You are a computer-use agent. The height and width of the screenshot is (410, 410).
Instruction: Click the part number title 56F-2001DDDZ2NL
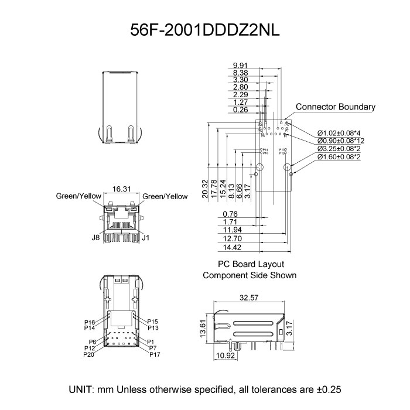tap(204, 31)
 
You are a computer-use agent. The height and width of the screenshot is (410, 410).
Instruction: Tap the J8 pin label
tap(95, 237)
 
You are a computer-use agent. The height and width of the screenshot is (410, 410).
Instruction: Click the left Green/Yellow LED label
tap(78, 197)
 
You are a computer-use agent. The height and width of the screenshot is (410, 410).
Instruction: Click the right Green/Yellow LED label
tap(165, 197)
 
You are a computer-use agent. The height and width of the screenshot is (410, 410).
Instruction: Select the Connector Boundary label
tap(335, 107)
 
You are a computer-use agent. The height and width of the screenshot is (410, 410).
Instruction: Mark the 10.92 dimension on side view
tap(226, 356)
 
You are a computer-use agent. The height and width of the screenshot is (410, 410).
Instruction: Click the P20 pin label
tap(89, 355)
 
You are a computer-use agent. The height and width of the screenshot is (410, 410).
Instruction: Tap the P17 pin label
tap(155, 355)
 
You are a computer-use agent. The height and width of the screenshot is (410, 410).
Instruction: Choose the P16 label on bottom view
tap(90, 322)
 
